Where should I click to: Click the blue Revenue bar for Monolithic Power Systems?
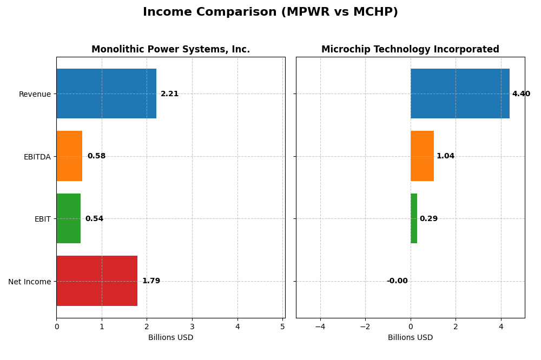[106, 94]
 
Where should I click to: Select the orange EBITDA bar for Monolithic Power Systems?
[69, 156]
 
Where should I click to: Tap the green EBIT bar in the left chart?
[68, 218]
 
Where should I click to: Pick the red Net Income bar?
[97, 281]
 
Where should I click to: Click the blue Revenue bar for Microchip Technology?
[460, 94]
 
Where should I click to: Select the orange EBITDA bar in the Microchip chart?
[422, 156]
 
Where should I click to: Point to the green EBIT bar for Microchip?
[414, 218]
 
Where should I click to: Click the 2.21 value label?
[169, 94]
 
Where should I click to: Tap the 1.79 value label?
[151, 281]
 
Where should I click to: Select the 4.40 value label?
[521, 94]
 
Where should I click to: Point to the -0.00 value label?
[397, 281]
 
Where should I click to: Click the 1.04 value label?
[445, 156]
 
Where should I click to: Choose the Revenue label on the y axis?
[35, 94]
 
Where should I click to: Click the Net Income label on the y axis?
[30, 282]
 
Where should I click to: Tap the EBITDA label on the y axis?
[37, 157]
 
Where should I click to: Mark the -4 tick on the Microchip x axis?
[320, 326]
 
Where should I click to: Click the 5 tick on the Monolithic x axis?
[282, 326]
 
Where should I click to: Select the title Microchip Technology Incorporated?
[410, 50]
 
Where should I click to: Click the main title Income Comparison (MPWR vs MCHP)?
[270, 12]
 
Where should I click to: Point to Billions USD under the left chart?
[170, 338]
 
